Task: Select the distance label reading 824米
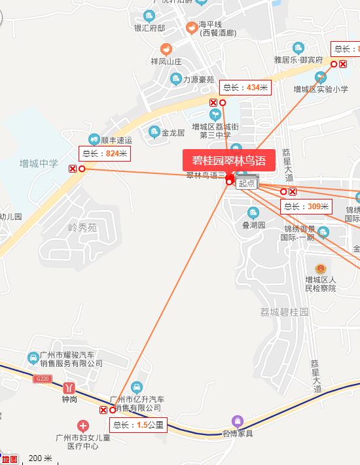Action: coord(105,154)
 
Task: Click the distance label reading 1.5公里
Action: coord(139,425)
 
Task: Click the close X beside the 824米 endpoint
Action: coord(72,169)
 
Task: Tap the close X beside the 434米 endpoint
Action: coord(213,103)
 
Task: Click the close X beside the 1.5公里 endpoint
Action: coord(103,410)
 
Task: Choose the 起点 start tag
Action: coord(246,184)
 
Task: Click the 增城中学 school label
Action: coord(38,164)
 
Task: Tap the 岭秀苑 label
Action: coord(82,228)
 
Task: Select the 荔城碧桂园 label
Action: coord(283,313)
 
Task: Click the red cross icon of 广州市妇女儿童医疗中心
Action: coord(82,424)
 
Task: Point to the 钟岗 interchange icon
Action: coord(69,387)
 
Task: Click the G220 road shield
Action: coord(43,379)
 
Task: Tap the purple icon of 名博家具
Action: coord(237,421)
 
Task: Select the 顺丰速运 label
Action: coord(117,140)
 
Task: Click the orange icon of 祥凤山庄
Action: coord(167,49)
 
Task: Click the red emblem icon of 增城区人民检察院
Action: coord(320,269)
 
